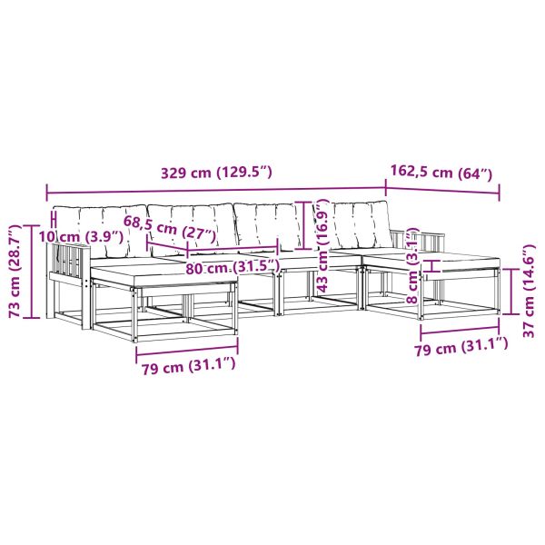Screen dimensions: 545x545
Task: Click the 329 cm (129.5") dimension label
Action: [x=216, y=173]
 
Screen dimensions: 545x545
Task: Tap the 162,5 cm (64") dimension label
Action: [x=441, y=172]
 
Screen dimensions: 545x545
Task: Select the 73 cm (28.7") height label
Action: [x=16, y=272]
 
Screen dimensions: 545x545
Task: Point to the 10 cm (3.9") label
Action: [x=81, y=237]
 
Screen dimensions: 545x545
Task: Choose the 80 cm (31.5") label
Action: [x=233, y=267]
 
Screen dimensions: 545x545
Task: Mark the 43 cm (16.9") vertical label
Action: [x=322, y=245]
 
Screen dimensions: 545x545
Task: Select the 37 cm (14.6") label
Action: [x=529, y=292]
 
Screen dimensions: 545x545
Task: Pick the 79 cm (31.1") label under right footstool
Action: [x=461, y=346]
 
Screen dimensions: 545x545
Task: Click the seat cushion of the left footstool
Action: [x=164, y=275]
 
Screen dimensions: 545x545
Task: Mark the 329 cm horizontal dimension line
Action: [x=216, y=190]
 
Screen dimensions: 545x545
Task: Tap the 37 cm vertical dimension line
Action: [x=510, y=292]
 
